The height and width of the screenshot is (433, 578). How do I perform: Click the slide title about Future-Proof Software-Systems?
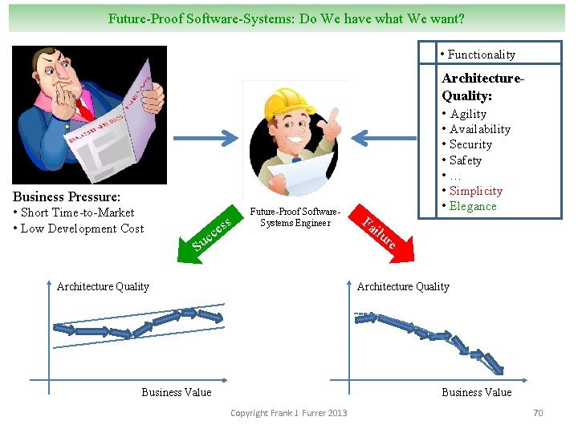coord(287,18)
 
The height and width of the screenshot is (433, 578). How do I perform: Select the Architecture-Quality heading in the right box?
coord(482,87)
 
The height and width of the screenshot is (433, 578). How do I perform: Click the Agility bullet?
coord(468,114)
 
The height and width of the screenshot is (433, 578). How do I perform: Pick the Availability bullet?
coord(479,129)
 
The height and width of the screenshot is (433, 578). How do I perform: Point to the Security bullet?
coord(470,144)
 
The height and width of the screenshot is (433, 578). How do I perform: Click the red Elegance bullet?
coord(473,206)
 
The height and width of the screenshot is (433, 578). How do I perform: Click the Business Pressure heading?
coord(67,196)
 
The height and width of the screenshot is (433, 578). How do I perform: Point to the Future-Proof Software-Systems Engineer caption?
coord(295,217)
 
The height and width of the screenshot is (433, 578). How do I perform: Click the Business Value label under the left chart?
coord(177,392)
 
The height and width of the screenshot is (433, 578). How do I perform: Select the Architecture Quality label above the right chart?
coord(403,286)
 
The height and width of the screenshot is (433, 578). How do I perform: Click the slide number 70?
coord(538,413)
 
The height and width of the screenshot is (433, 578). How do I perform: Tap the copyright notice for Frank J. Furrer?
coord(289,413)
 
